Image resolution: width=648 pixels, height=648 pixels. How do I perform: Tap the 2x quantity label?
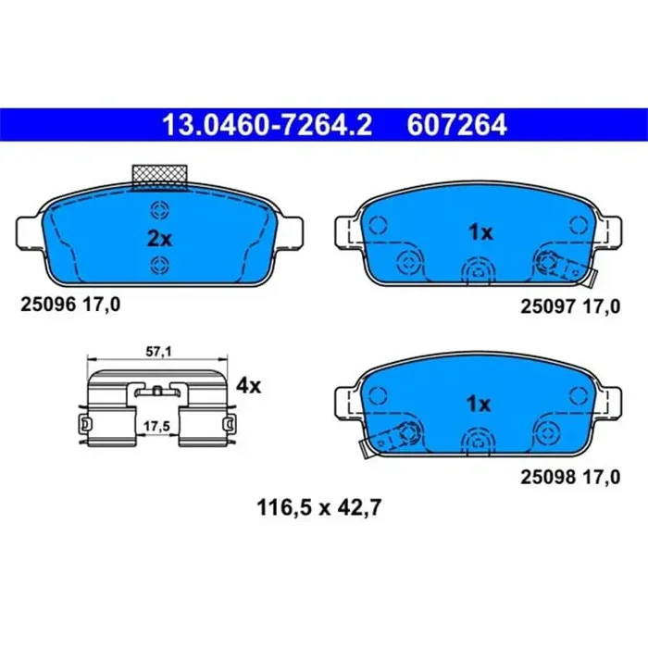(x=160, y=238)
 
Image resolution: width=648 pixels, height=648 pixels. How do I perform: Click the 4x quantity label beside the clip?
(x=249, y=385)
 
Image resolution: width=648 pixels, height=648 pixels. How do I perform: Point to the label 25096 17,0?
(x=69, y=303)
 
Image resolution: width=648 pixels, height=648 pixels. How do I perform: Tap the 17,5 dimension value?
(x=156, y=425)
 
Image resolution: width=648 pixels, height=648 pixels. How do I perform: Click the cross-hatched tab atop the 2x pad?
(x=160, y=174)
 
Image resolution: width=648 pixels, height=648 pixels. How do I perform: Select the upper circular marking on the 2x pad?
(x=159, y=208)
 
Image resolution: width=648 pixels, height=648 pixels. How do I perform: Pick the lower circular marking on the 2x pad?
(x=159, y=267)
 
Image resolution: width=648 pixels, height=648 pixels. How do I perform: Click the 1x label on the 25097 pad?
(x=480, y=233)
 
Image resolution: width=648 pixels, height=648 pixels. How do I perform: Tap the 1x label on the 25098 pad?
(x=480, y=405)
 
